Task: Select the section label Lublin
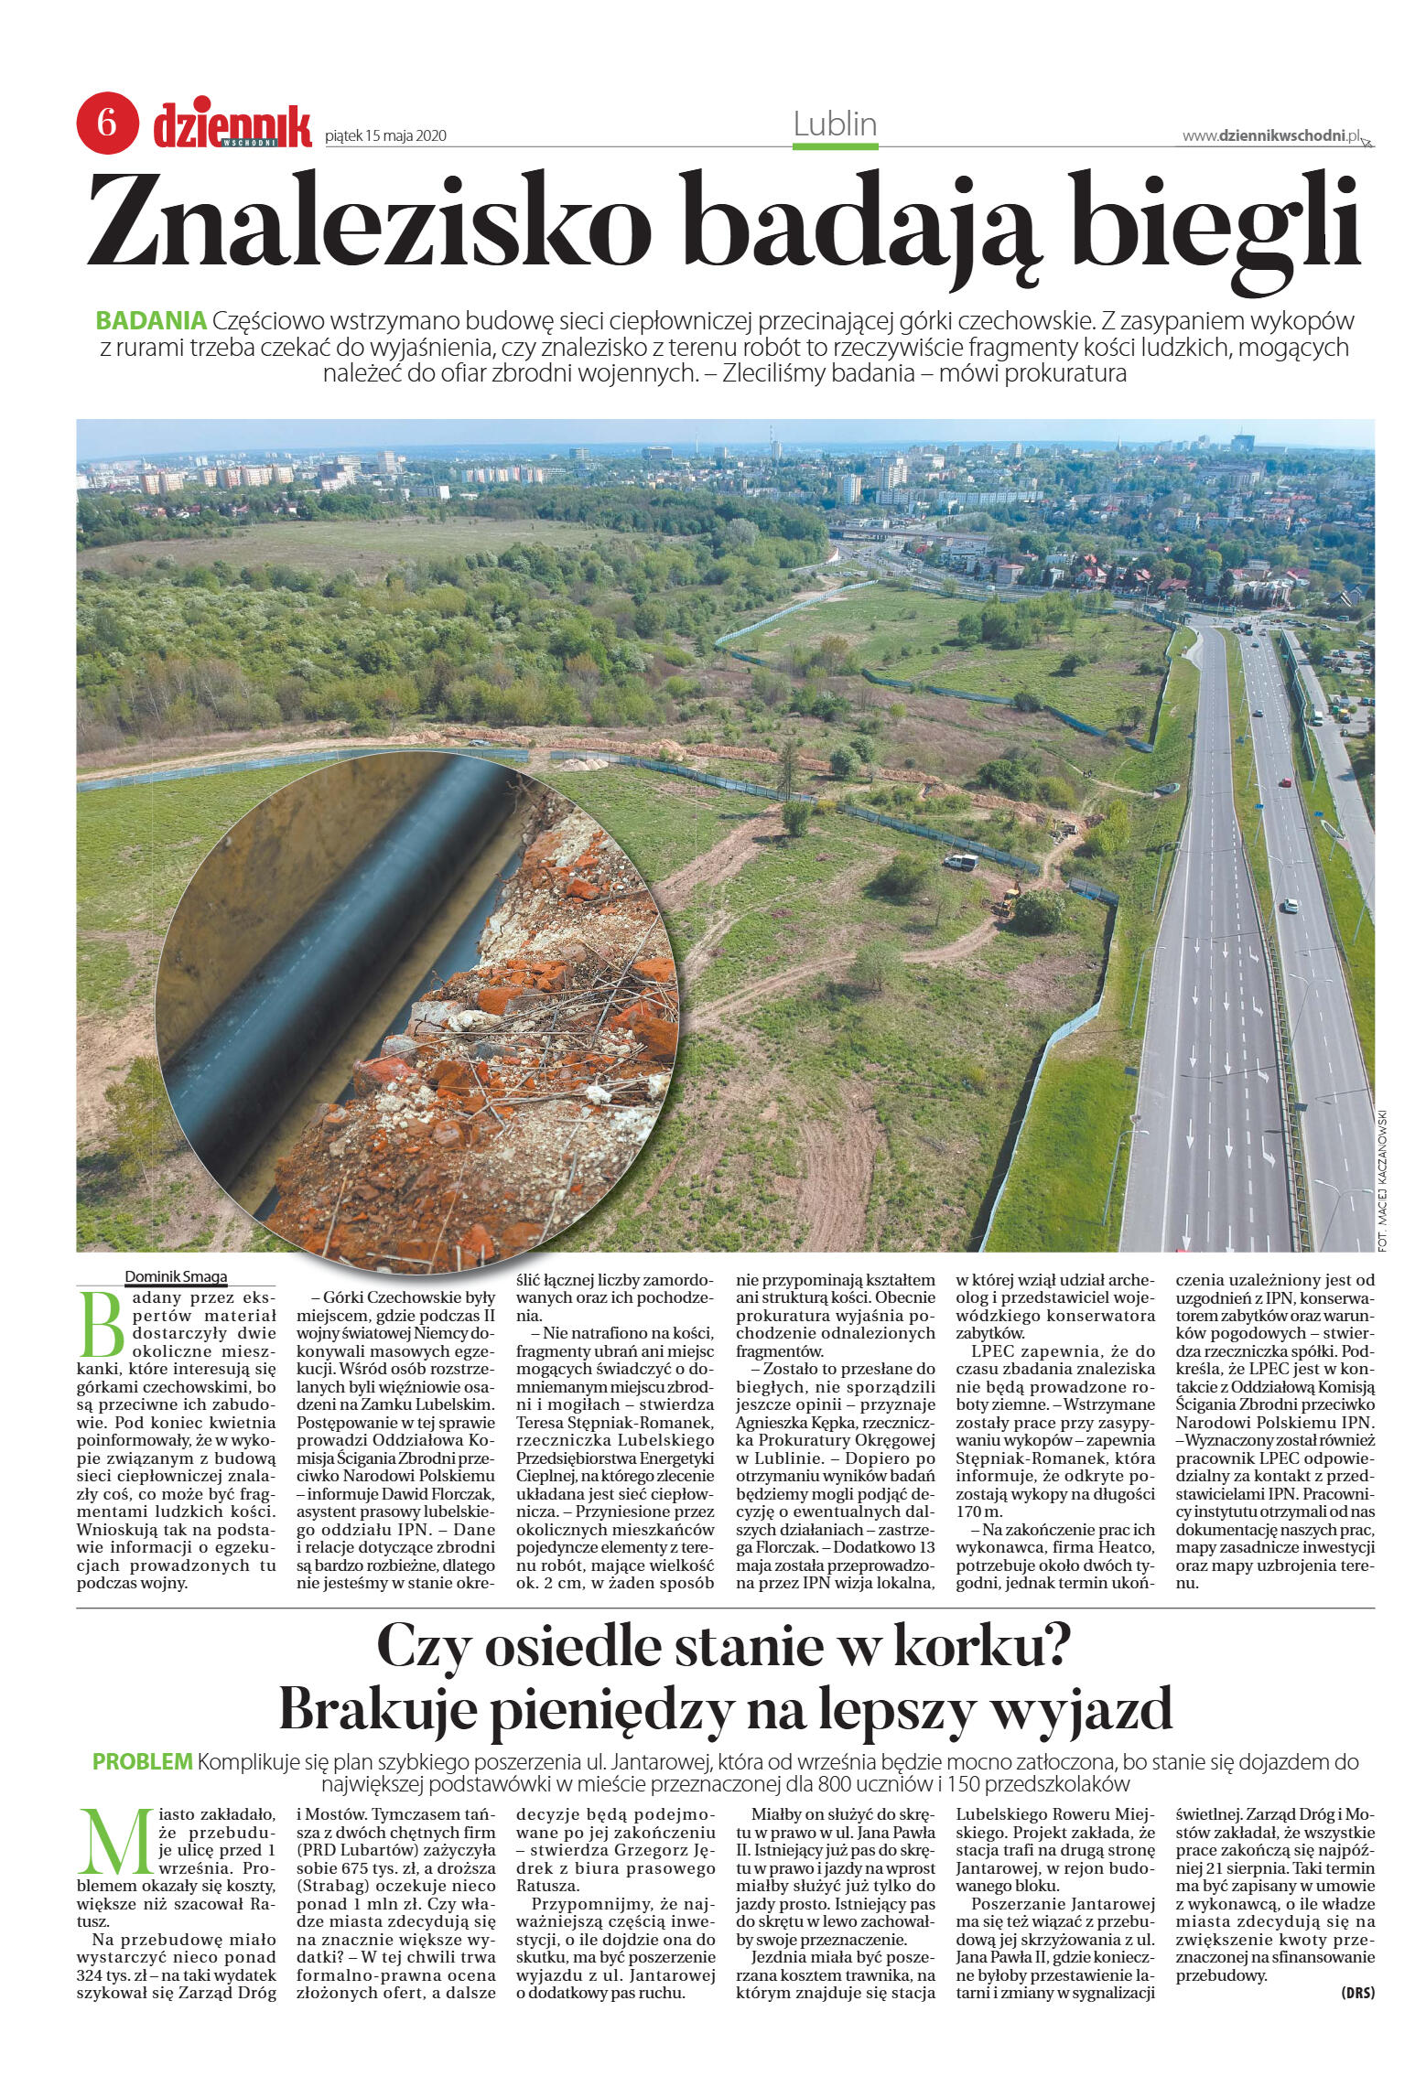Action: point(835,124)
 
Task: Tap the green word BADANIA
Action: point(151,321)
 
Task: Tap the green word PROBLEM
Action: point(143,1761)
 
